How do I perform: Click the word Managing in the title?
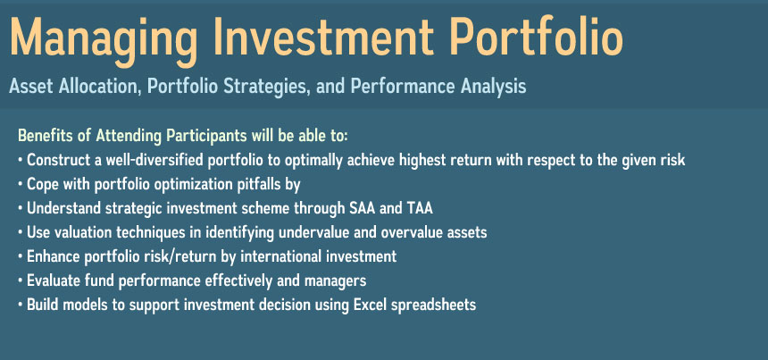[104, 39]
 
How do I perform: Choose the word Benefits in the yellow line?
[46, 135]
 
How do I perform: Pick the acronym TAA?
[420, 208]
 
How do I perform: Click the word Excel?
[367, 305]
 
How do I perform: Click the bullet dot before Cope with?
[20, 185]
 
